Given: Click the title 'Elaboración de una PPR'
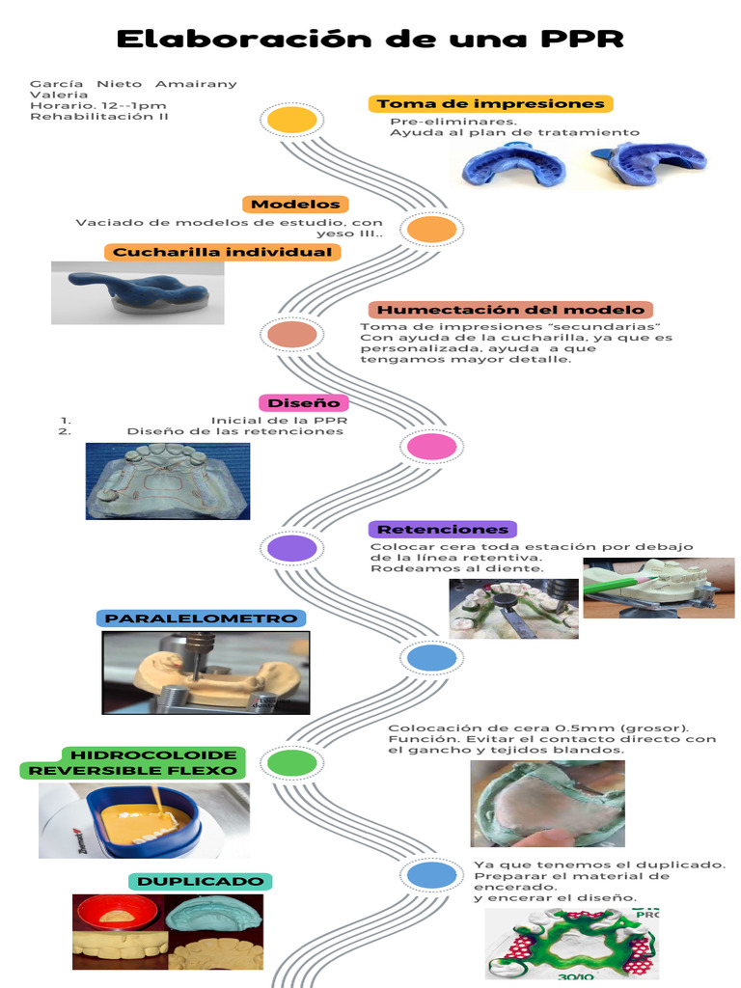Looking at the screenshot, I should click(x=370, y=40).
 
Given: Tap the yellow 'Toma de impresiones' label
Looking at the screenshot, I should click(x=490, y=103).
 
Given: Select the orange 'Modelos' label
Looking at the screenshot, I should click(x=295, y=204).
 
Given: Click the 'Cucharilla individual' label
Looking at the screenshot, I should click(x=222, y=252).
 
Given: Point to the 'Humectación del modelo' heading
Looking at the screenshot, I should click(x=510, y=310).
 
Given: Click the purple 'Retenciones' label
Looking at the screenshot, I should click(x=443, y=529).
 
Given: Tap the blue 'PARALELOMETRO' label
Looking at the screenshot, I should click(x=201, y=617).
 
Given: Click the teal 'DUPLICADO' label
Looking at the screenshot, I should click(x=200, y=881).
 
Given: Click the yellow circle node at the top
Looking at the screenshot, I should click(x=291, y=120).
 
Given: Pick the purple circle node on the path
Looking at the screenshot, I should click(x=291, y=548).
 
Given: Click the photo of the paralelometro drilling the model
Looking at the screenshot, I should click(x=206, y=672).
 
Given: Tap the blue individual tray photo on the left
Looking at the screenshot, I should click(x=137, y=292).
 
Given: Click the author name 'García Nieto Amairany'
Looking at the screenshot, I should click(x=133, y=84).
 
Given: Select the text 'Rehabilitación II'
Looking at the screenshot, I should click(x=99, y=116).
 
